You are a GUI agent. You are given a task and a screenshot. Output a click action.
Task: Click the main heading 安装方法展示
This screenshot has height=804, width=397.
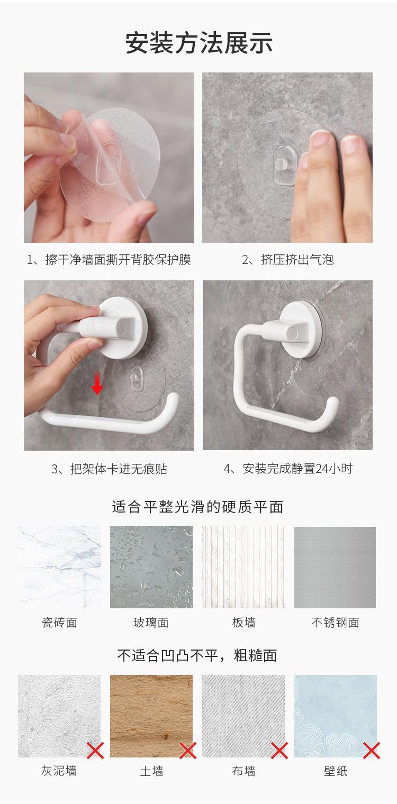198,43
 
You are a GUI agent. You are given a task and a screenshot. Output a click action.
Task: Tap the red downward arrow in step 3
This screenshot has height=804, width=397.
97,383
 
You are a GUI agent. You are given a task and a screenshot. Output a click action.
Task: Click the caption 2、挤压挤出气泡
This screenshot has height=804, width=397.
287,259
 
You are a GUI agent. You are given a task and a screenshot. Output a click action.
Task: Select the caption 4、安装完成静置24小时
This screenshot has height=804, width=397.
288,469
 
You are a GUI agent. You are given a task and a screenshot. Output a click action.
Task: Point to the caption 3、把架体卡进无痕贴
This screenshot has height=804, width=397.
109,469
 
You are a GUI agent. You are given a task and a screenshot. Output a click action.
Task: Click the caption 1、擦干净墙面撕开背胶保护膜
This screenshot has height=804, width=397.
109,259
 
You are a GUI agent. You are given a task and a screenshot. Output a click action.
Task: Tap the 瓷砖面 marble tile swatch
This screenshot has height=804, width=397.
59,567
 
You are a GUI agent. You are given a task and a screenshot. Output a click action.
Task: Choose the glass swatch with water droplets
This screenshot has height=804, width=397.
151,567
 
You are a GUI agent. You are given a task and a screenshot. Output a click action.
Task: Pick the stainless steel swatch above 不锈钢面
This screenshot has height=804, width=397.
335,567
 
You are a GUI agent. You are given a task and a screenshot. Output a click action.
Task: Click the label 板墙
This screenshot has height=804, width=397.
243,623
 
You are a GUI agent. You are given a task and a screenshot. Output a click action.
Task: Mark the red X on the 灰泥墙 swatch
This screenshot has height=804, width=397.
95,751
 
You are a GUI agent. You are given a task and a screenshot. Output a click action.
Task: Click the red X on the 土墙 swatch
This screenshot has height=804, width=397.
187,751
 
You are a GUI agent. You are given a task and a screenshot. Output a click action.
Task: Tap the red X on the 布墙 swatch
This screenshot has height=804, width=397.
279,751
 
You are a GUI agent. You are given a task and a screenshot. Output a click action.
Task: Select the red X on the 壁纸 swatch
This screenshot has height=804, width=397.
372,751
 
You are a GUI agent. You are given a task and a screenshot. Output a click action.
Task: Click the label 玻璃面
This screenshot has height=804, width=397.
151,623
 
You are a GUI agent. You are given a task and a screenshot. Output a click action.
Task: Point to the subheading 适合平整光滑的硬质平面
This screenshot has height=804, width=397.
197,507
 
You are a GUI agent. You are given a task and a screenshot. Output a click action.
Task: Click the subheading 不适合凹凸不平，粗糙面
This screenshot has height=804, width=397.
197,655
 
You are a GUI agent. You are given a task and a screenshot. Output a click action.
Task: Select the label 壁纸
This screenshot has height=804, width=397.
336,771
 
